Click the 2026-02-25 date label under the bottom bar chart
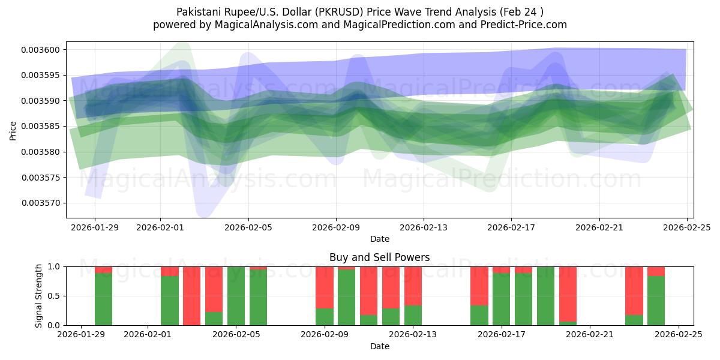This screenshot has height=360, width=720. click(x=678, y=334)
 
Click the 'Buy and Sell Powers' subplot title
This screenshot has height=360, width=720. click(x=379, y=257)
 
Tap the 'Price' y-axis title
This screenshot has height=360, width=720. click(x=14, y=130)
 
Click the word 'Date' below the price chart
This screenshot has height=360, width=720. click(x=379, y=239)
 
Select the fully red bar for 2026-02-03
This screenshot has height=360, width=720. click(x=192, y=296)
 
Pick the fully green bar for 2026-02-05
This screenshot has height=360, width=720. click(x=236, y=296)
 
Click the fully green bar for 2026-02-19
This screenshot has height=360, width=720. click(x=545, y=296)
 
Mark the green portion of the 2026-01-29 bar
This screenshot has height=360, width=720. click(x=103, y=299)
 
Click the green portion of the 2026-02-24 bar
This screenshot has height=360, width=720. click(x=656, y=301)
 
